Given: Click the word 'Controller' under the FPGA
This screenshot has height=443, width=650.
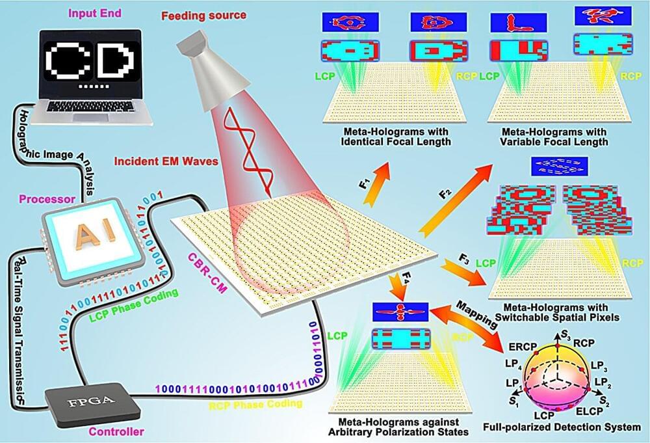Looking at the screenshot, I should point(118,430).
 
